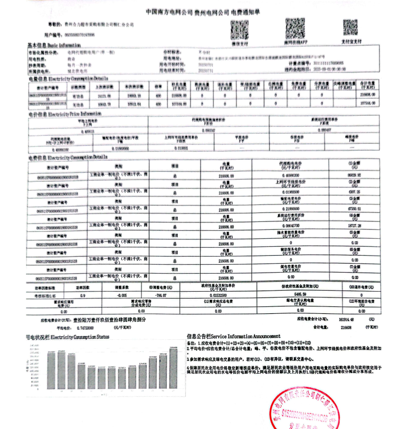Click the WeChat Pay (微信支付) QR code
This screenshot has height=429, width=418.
coord(240,27)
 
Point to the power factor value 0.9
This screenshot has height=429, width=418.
coord(82,295)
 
